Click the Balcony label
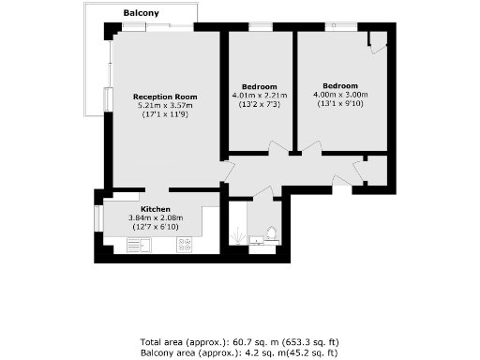point(142,13)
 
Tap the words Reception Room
point(165,97)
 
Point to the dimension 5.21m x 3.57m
point(165,105)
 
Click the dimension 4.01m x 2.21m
point(259,95)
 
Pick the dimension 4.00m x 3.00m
point(338,95)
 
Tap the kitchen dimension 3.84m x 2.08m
point(156,218)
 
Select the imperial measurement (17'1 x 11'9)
point(165,114)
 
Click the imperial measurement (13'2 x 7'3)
point(259,103)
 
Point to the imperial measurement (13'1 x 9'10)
point(338,103)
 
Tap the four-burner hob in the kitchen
point(184,246)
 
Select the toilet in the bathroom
point(272,232)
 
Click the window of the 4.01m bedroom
point(258,27)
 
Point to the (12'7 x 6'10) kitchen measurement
point(156,228)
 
